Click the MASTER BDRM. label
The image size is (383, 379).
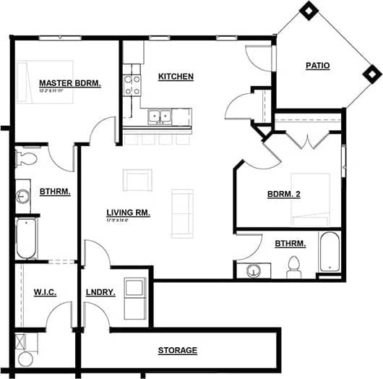point(69,83)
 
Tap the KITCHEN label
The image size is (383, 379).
point(176,76)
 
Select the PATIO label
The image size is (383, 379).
point(317,66)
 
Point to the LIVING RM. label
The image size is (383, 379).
point(128,212)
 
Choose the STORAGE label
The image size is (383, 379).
point(177,351)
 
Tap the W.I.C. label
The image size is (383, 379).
point(44,291)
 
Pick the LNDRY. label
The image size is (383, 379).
point(102,291)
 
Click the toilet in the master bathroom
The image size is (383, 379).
point(29,157)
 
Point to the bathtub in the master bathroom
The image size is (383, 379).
point(27,239)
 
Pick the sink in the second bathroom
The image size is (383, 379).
point(253,271)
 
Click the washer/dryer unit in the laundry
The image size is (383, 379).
point(135,297)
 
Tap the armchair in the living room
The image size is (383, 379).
point(137,179)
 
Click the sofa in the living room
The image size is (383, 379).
point(182,213)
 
